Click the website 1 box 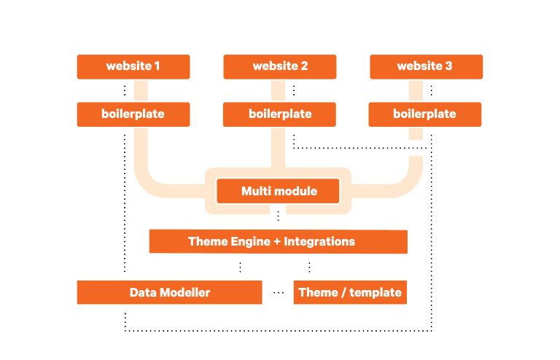133,67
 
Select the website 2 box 280,67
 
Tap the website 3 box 426,67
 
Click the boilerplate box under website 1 133,114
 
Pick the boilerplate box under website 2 279,114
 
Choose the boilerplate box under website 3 425,114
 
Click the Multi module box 278,191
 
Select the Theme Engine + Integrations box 279,241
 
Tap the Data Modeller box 170,292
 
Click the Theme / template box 350,292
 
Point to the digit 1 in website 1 157,66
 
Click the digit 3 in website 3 448,66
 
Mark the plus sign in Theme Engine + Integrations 277,241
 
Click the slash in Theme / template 343,292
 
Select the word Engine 250,242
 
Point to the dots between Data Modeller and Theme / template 279,292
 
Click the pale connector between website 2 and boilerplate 279,90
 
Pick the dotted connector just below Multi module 279,216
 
